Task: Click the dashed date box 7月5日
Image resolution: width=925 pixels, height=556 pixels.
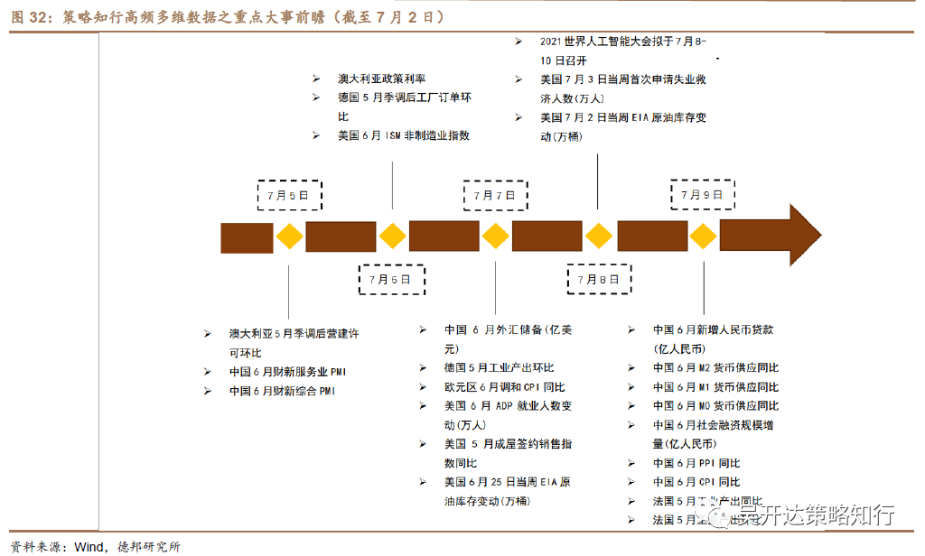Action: tap(288, 195)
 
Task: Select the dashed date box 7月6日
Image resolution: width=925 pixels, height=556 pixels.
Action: tap(391, 279)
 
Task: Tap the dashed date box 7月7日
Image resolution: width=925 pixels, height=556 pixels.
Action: tap(494, 195)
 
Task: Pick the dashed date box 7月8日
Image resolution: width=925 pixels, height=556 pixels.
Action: tap(598, 279)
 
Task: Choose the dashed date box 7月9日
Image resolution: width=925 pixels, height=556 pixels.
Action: tap(702, 195)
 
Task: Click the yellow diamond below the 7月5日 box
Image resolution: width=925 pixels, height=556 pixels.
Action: tap(289, 236)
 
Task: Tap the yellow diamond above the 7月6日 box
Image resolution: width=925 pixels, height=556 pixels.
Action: tap(392, 236)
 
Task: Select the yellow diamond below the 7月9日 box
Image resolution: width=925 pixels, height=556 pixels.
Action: tap(702, 236)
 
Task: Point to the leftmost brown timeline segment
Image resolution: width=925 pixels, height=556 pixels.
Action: tap(247, 236)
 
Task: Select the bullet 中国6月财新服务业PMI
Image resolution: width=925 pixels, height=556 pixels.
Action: tap(287, 372)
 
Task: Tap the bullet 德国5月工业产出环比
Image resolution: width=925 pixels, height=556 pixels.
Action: tap(499, 368)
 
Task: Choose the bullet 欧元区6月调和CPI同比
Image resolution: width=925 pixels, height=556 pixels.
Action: tap(499, 387)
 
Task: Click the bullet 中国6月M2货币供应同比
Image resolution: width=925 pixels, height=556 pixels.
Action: tap(715, 368)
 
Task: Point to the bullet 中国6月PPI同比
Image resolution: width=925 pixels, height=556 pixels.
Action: tap(696, 463)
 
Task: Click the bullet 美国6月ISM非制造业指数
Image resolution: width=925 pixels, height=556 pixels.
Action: tap(404, 135)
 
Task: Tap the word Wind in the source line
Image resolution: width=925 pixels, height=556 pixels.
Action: tap(89, 546)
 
